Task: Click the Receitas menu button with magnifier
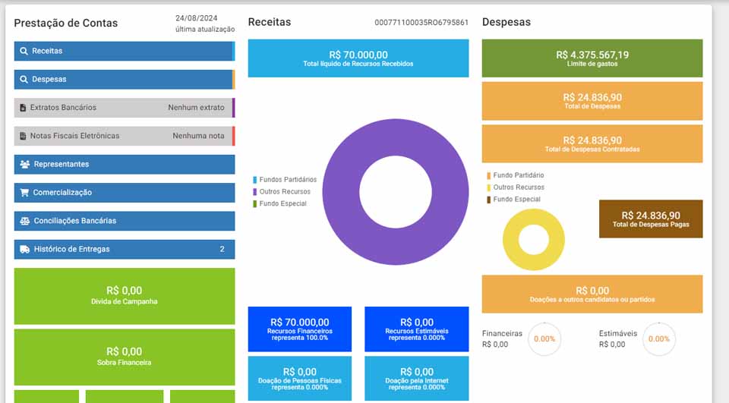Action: pyautogui.click(x=123, y=51)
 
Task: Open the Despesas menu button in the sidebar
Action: pyautogui.click(x=123, y=79)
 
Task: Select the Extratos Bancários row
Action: pyautogui.click(x=123, y=108)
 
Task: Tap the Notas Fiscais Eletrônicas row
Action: pyautogui.click(x=123, y=136)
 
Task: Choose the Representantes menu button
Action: pyautogui.click(x=123, y=164)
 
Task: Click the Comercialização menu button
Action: pyautogui.click(x=123, y=193)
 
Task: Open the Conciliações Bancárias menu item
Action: pyautogui.click(x=123, y=221)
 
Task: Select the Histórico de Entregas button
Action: pyautogui.click(x=123, y=249)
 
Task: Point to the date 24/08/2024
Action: pyautogui.click(x=197, y=17)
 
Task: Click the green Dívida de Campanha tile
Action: pyautogui.click(x=124, y=295)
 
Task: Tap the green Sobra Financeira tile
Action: pyautogui.click(x=124, y=357)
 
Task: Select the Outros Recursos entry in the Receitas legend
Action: pyautogui.click(x=284, y=192)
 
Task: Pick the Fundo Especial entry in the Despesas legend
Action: pyautogui.click(x=516, y=200)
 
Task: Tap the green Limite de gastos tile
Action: pyautogui.click(x=592, y=58)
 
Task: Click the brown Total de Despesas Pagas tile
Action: pyautogui.click(x=650, y=219)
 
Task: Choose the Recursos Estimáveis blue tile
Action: pyautogui.click(x=416, y=329)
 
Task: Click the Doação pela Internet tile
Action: pyautogui.click(x=416, y=378)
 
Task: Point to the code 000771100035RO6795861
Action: pyautogui.click(x=421, y=23)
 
